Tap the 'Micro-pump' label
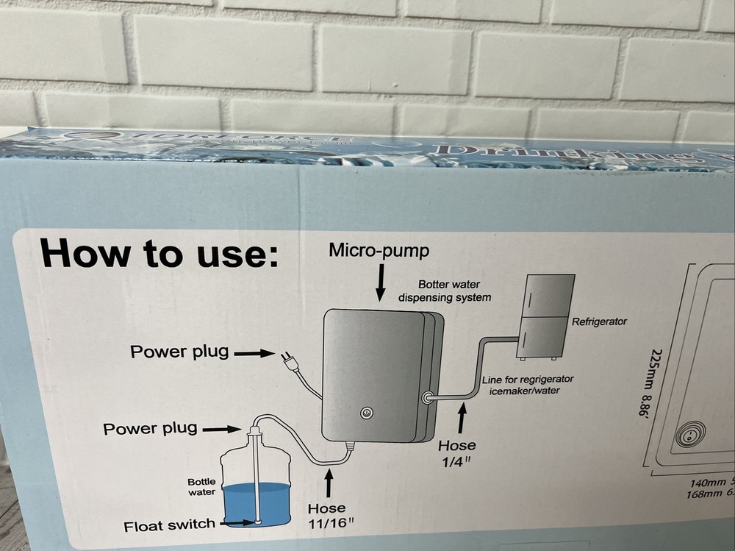(x=379, y=252)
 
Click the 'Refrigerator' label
(x=599, y=321)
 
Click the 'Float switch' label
(x=169, y=525)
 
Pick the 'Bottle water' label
(x=201, y=487)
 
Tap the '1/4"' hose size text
(x=456, y=461)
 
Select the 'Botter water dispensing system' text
(x=444, y=291)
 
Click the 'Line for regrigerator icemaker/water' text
(x=527, y=385)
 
